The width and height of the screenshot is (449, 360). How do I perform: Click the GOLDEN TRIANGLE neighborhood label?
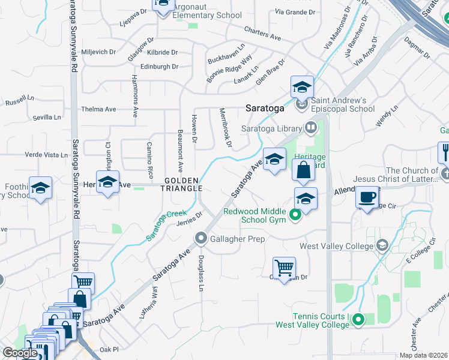point(182,184)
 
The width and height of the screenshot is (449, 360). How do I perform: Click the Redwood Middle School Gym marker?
point(295,215)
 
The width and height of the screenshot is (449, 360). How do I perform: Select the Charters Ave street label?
point(262,34)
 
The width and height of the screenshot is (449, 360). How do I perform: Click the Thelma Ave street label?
point(98,109)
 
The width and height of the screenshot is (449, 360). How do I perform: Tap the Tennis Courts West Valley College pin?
point(358,319)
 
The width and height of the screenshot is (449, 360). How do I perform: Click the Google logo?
point(20,353)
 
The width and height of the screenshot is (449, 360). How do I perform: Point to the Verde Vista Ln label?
point(46,155)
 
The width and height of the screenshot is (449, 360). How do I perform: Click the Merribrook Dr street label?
point(224,127)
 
